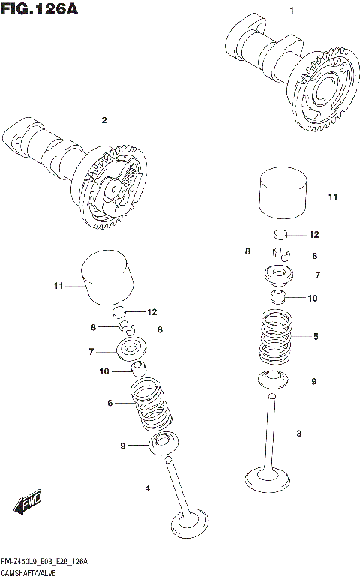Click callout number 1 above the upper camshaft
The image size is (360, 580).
(x=292, y=9)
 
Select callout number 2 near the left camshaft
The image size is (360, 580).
(x=104, y=120)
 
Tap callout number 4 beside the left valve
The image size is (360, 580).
(x=148, y=488)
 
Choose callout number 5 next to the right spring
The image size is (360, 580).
(x=316, y=337)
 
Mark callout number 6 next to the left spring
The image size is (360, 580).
(x=109, y=403)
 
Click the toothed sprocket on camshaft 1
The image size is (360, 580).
(x=324, y=96)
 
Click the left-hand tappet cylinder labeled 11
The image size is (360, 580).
(x=106, y=280)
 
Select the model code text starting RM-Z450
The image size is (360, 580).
(x=44, y=561)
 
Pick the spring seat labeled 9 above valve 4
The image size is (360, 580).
(x=160, y=445)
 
